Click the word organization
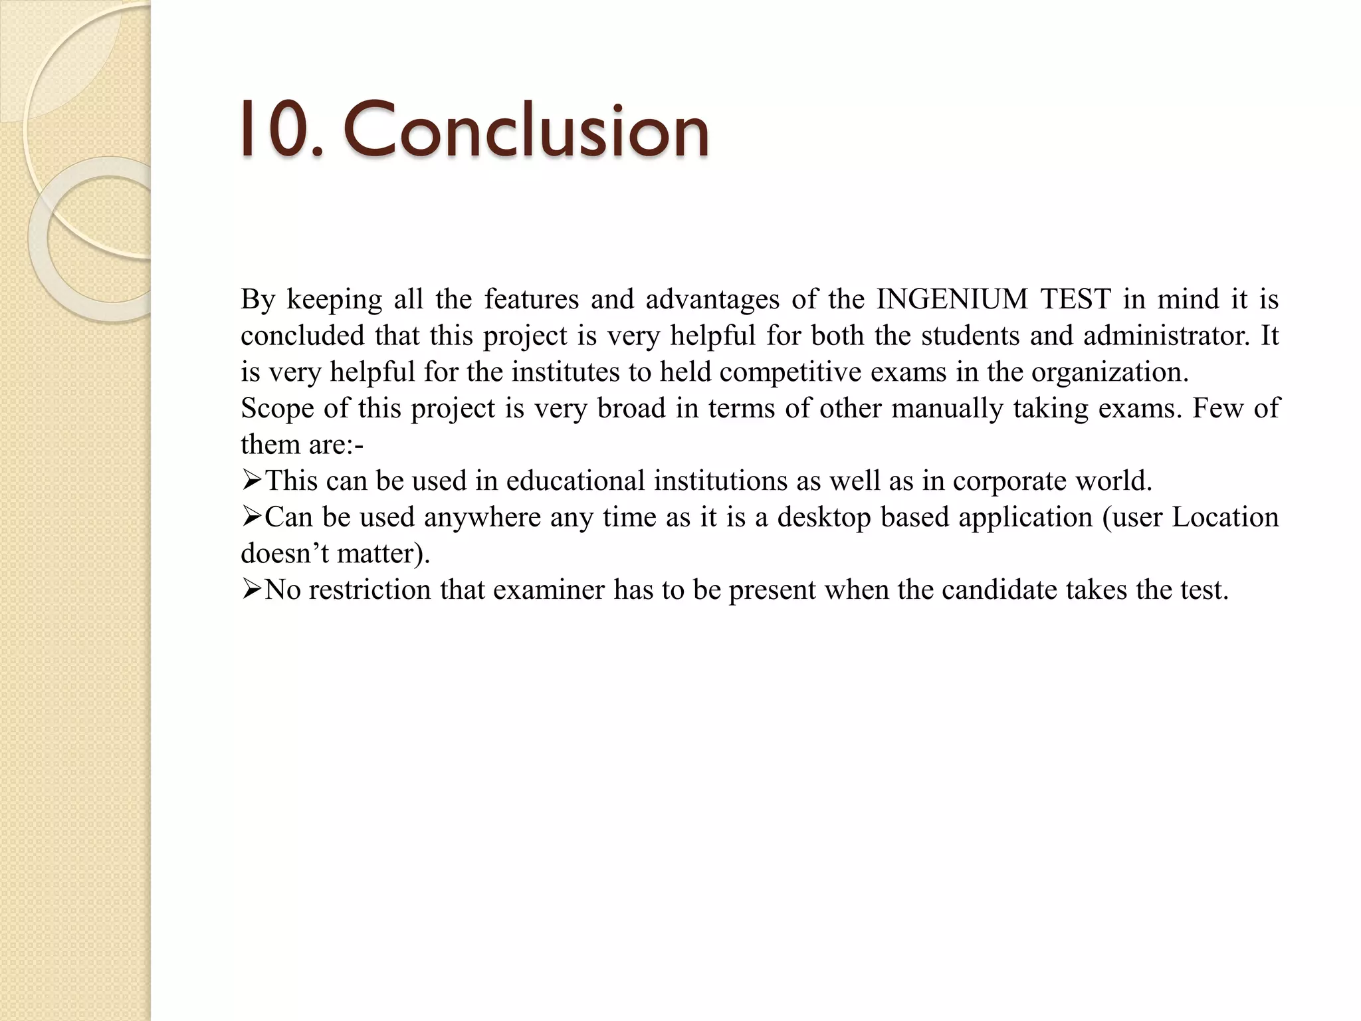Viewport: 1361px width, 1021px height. pos(1109,372)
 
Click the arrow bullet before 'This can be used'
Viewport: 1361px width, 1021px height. pos(252,480)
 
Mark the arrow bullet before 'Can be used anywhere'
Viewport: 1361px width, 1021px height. pos(252,516)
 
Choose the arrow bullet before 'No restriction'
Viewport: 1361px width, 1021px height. pos(252,589)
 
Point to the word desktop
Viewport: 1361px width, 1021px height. pos(824,517)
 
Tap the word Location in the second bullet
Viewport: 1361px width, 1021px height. pos(1225,517)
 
